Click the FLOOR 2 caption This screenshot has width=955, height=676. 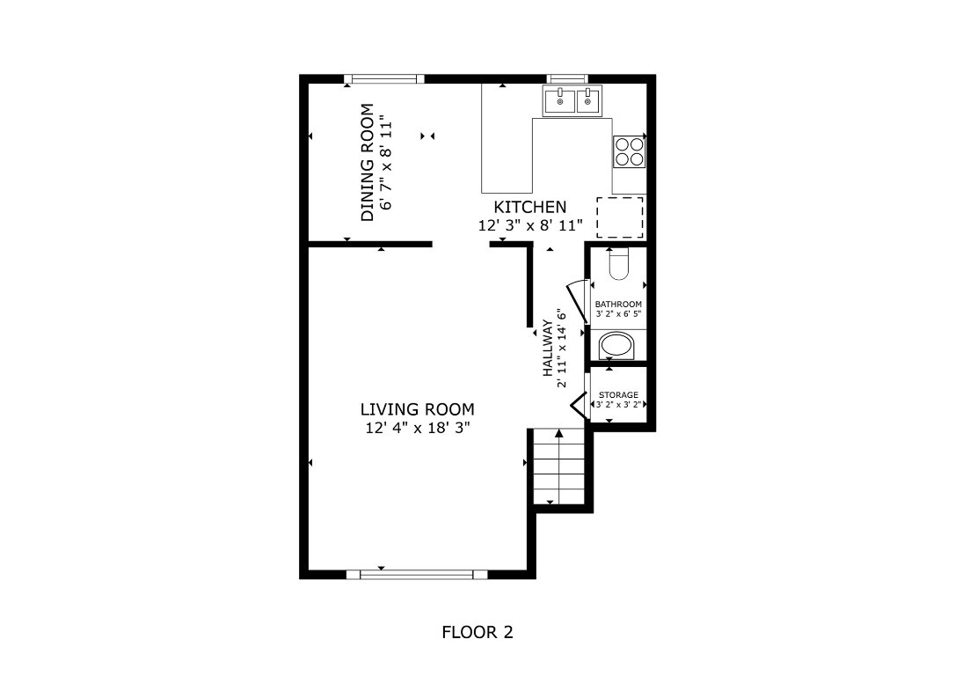click(x=477, y=632)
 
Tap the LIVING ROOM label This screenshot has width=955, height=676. click(x=417, y=409)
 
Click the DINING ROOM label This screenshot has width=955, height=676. click(x=368, y=163)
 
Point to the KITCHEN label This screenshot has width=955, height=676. click(x=529, y=207)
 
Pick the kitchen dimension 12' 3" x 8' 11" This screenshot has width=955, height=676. click(x=530, y=225)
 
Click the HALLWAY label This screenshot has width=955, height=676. click(x=547, y=348)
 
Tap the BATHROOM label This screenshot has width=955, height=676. click(x=618, y=305)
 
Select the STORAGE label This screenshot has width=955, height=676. click(x=618, y=395)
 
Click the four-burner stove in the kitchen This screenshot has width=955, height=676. click(x=629, y=152)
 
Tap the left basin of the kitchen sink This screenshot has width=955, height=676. click(x=560, y=102)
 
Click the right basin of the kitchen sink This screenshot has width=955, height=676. click(x=588, y=102)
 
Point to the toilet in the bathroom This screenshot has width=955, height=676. click(x=618, y=264)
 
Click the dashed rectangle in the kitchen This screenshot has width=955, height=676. click(x=620, y=217)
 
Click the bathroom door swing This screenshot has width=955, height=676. click(x=577, y=300)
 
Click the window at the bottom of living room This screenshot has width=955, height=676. click(x=417, y=574)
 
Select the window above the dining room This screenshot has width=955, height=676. click(x=383, y=79)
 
